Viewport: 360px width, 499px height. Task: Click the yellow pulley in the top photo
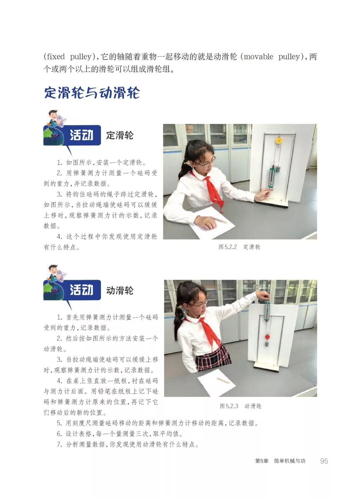point(279,140)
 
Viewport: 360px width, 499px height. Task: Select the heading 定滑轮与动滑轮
point(92,93)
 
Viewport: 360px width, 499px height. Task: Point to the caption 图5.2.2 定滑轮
point(239,247)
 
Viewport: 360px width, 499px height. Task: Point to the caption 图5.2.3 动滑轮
point(240,406)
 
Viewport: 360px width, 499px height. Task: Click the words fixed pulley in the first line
point(69,57)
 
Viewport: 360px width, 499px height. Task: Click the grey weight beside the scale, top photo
point(278,168)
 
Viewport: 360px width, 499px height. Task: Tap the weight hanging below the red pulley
point(267,343)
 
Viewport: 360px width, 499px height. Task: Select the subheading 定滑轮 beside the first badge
point(120,135)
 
